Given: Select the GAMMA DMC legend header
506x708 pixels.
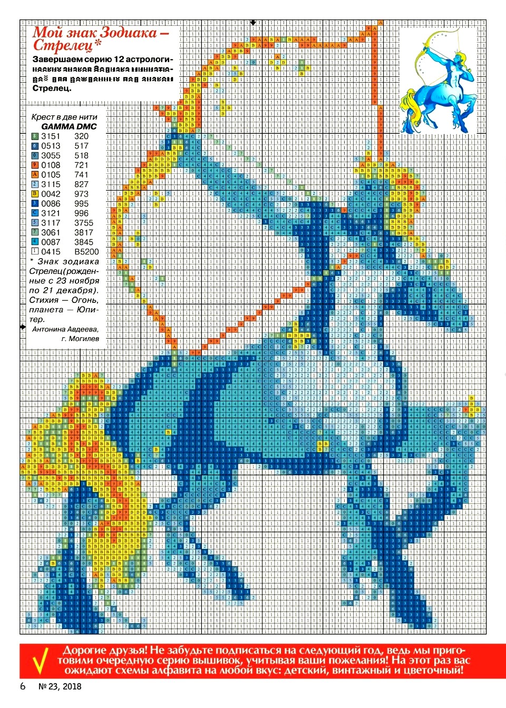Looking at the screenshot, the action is (69, 126).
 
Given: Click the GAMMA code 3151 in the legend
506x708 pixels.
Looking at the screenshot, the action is (51, 136).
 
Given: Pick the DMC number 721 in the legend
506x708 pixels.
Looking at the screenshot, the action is (81, 165).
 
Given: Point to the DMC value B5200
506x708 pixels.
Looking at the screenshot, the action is (86, 252).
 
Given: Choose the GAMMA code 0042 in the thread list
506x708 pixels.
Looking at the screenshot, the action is (51, 194).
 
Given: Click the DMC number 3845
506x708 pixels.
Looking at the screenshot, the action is (84, 242).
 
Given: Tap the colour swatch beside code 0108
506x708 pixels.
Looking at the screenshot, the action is (35, 165).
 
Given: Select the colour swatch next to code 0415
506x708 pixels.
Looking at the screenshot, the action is (35, 252).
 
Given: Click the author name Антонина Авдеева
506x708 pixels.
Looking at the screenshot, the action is (65, 329).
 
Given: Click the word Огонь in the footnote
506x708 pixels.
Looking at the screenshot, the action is (85, 300).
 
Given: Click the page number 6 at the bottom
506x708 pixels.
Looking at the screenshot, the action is (23, 686).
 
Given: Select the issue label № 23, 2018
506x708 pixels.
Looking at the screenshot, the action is (60, 686).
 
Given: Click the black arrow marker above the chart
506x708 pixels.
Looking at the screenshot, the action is (253, 23).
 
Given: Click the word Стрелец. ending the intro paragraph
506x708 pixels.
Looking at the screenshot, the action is (52, 88).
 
